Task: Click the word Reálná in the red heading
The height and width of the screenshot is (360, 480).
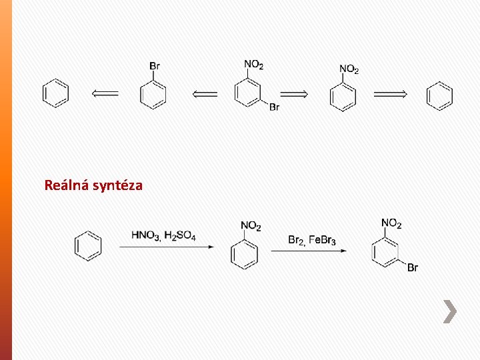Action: [x=65, y=185]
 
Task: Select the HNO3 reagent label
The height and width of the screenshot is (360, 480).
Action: [x=146, y=235]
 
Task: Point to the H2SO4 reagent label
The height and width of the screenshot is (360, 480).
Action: [x=180, y=235]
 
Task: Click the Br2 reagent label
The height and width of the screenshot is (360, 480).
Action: [x=296, y=239]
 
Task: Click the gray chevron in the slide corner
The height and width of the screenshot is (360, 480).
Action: [x=451, y=311]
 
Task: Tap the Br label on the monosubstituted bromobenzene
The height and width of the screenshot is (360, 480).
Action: [x=154, y=65]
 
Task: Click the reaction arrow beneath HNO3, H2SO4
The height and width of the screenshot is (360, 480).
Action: [x=167, y=247]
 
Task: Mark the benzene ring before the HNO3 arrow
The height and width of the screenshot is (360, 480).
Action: [x=89, y=245]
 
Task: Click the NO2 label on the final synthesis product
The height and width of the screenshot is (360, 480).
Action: [x=391, y=223]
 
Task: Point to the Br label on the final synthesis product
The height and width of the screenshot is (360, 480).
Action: [x=412, y=268]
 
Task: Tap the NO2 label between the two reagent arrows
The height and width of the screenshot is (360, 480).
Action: [x=251, y=227]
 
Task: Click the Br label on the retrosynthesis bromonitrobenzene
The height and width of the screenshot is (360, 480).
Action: [x=274, y=107]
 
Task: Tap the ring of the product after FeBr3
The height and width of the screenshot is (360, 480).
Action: [x=384, y=252]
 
